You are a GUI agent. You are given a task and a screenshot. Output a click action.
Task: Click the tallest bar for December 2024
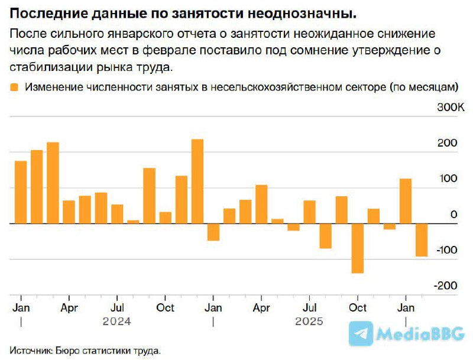coord(197,181)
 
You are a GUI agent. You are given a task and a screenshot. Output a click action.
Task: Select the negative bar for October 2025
coord(358,248)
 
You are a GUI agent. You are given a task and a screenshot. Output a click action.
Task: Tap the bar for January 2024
coord(21,192)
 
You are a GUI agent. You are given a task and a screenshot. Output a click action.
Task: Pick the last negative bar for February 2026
coord(422,240)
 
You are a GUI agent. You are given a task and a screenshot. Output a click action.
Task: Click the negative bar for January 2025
coord(213,232)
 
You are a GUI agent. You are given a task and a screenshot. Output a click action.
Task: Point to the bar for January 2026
coord(406,201)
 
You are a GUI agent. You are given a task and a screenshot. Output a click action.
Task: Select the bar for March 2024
coord(53,183)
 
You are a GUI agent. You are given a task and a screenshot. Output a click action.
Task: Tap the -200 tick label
coord(446,286)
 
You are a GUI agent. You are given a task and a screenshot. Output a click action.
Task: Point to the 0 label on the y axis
coord(454,215)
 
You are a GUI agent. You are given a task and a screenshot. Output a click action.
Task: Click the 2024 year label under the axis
coord(116,322)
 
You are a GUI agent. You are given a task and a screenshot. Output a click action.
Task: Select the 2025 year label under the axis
coord(309,322)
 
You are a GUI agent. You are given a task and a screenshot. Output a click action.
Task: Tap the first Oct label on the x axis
coord(166,308)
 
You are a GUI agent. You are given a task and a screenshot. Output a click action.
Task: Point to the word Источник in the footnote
coord(30,351)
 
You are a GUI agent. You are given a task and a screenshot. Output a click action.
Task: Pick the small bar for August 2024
coord(133,222)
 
